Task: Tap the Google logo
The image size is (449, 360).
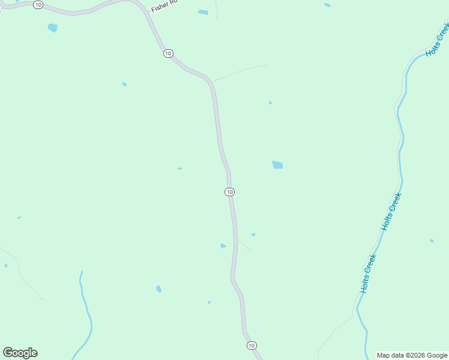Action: point(20,353)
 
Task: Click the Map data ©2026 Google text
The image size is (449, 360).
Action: point(412,355)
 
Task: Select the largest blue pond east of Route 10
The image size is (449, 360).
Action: point(277,164)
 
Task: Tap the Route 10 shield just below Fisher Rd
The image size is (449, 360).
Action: point(168,53)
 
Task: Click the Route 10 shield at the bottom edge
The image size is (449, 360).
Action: point(252,346)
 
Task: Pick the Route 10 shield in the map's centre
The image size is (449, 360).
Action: point(229,191)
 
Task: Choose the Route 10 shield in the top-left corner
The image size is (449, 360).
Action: point(38,5)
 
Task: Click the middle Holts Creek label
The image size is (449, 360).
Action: point(391,211)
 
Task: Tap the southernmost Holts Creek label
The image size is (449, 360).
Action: point(368,274)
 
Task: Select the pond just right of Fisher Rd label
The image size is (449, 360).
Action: point(203,12)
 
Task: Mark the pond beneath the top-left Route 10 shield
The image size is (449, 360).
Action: point(53,28)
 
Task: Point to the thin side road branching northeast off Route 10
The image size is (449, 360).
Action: point(240,72)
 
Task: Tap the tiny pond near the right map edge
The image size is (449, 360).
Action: point(432,241)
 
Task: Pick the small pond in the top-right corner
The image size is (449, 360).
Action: point(327,5)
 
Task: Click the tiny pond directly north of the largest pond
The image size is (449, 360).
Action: point(270,103)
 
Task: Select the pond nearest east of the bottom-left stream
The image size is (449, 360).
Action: point(158,289)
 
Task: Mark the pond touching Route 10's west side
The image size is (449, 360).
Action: point(223,245)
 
